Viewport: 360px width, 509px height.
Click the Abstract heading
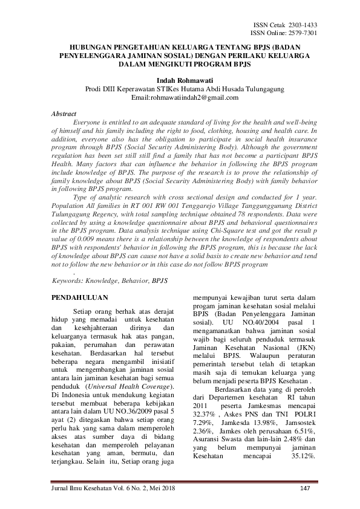64,114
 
